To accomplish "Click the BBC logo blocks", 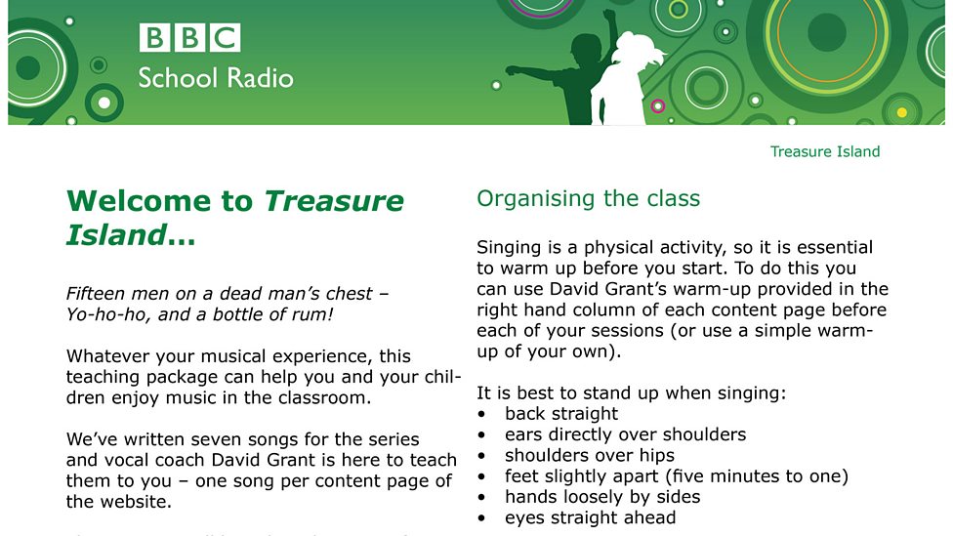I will tap(189, 38).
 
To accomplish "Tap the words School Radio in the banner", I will tap(215, 78).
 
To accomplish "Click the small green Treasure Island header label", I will tap(824, 151).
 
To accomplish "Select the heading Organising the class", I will tap(588, 199).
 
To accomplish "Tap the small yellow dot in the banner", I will tap(901, 112).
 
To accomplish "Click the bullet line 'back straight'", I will tap(560, 414).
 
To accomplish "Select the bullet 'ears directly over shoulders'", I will tap(625, 434).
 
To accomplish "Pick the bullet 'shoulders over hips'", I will tap(588, 455).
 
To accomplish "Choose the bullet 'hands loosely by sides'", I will tap(601, 497).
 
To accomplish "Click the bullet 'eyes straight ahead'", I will tap(590, 517).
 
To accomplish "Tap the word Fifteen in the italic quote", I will tap(96, 294).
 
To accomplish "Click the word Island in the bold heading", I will tap(114, 235).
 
